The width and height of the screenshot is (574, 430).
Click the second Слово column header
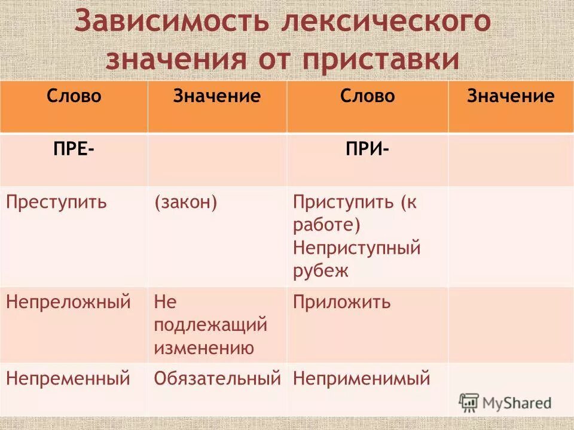[x=367, y=96]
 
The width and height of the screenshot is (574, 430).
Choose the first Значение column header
[x=217, y=96]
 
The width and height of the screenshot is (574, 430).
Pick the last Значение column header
[x=511, y=96]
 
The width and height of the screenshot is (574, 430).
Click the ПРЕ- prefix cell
[x=73, y=149]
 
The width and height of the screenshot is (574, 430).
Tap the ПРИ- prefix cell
[x=367, y=149]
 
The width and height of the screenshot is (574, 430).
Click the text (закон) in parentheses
[x=185, y=202]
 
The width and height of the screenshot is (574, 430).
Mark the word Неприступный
[x=357, y=248]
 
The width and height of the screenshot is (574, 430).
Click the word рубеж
[x=320, y=271]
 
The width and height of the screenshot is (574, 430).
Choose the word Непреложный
[x=68, y=302]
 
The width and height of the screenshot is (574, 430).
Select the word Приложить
[x=341, y=302]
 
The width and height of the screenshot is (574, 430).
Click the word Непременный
[x=68, y=378]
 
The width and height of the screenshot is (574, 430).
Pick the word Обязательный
[x=217, y=378]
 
